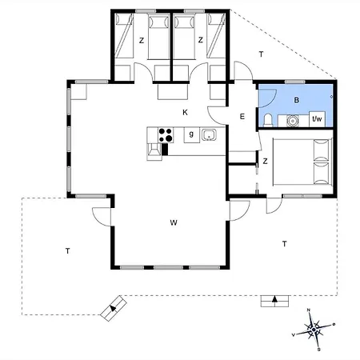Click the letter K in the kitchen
(x=185, y=112)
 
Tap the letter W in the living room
(x=173, y=222)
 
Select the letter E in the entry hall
(x=242, y=117)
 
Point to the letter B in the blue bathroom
(x=296, y=100)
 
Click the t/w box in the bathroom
(x=317, y=119)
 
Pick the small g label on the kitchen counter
(x=191, y=133)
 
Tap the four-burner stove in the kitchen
(x=166, y=134)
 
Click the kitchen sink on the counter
(x=210, y=134)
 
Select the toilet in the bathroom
(x=269, y=121)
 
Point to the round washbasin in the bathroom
(x=291, y=121)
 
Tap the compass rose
(x=315, y=327)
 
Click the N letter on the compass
(x=308, y=310)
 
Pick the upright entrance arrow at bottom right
(x=274, y=300)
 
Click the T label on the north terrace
(x=260, y=54)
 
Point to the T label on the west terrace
(x=68, y=251)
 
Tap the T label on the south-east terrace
(x=284, y=243)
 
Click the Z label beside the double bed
(x=265, y=161)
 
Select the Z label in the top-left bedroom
(x=142, y=39)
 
